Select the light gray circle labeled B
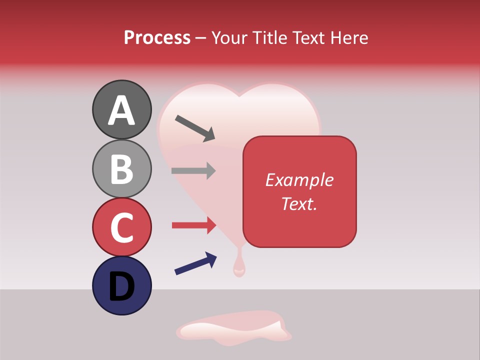point(122,169)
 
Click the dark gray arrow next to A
point(194,127)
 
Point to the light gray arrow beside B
point(193,171)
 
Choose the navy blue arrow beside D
point(195,263)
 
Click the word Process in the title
point(157,37)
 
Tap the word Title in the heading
point(269,37)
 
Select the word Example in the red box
point(299,180)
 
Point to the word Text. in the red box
point(299,203)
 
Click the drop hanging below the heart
point(239,267)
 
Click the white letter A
point(122,110)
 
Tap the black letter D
point(122,286)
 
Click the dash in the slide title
point(200,38)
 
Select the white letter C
point(122,227)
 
